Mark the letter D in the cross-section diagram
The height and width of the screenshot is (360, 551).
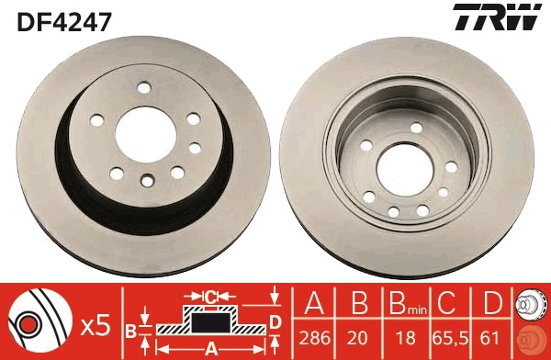pos(275,320)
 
